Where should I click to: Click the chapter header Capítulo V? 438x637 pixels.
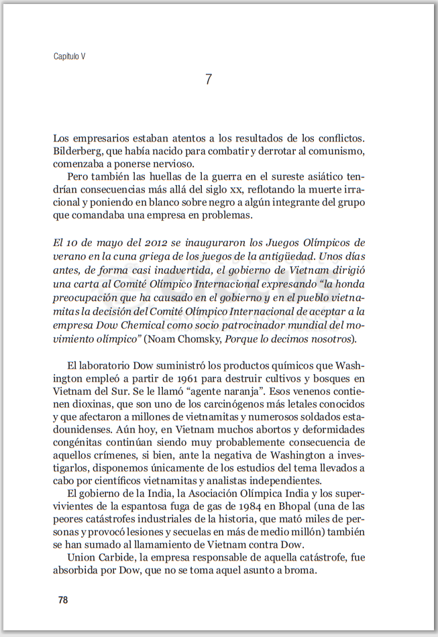70,57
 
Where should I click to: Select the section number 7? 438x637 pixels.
209,79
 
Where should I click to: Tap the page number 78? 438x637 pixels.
63,600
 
